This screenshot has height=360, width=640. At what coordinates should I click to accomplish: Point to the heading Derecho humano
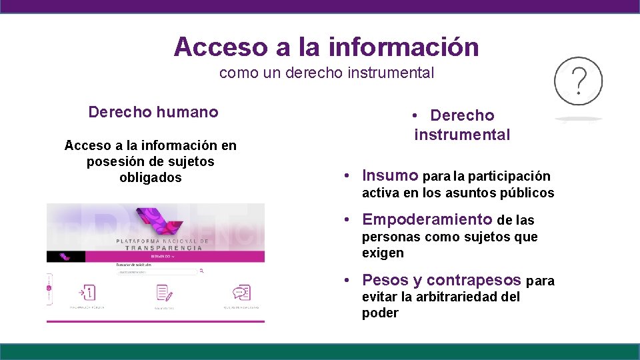point(153,112)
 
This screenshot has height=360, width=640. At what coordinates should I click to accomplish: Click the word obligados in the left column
point(151,177)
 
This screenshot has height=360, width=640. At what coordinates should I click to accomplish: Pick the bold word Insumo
point(390,176)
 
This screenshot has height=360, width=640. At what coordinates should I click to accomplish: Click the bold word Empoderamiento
point(427,219)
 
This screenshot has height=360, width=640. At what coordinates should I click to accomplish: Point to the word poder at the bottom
point(380,313)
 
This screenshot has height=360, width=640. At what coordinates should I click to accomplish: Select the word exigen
point(383,253)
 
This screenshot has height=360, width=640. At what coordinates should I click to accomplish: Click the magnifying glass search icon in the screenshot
point(201,272)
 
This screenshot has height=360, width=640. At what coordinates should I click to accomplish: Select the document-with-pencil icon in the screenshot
point(165,293)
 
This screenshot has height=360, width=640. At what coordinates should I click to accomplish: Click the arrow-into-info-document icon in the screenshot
point(88,293)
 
